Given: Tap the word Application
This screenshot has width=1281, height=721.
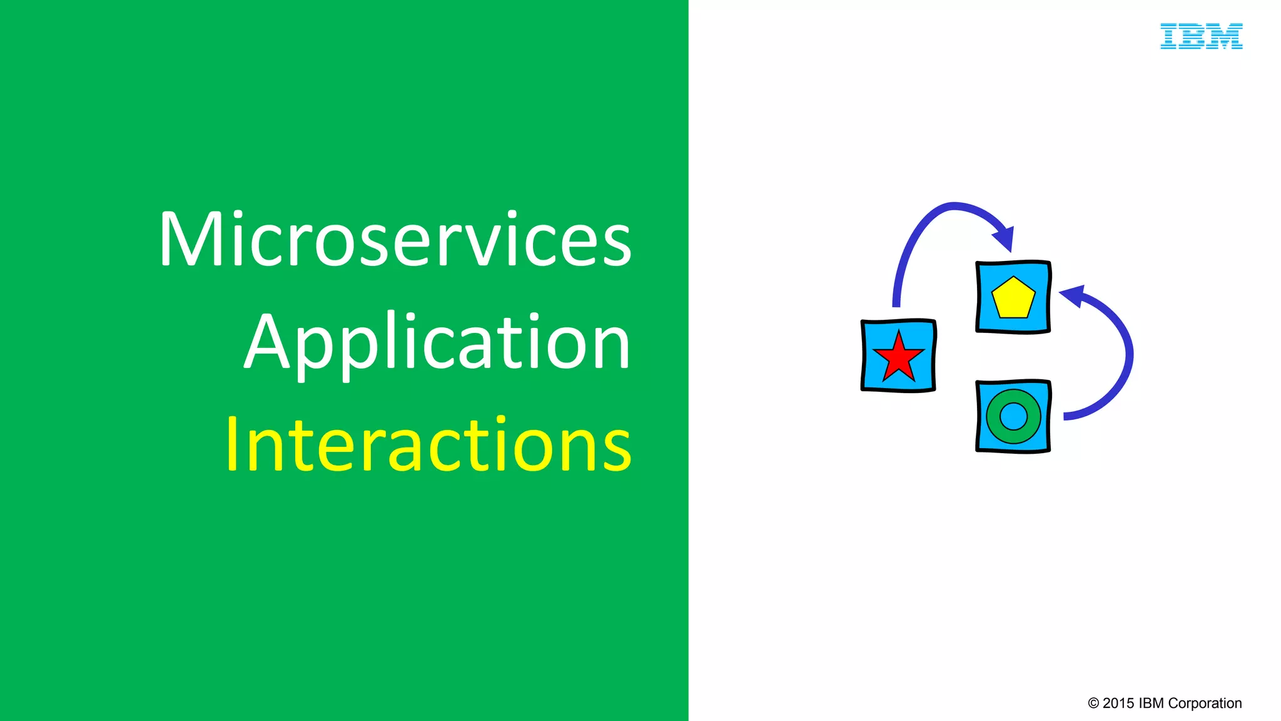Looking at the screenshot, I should [x=437, y=343].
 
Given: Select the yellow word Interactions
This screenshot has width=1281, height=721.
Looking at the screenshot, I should [x=428, y=444].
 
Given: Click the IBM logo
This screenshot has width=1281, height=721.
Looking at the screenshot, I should [x=1201, y=36].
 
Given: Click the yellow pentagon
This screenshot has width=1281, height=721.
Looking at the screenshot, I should [x=1013, y=299].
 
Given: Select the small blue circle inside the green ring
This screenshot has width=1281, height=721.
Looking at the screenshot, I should [x=1013, y=416].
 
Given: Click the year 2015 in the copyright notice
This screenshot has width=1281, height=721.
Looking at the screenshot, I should [x=1118, y=703].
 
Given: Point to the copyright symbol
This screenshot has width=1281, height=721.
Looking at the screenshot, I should [x=1093, y=703].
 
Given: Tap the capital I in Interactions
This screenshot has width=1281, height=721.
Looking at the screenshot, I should [x=232, y=444].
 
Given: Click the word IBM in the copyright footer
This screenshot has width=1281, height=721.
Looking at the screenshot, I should [x=1152, y=703].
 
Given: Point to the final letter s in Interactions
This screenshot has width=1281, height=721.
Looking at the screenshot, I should [x=618, y=448].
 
